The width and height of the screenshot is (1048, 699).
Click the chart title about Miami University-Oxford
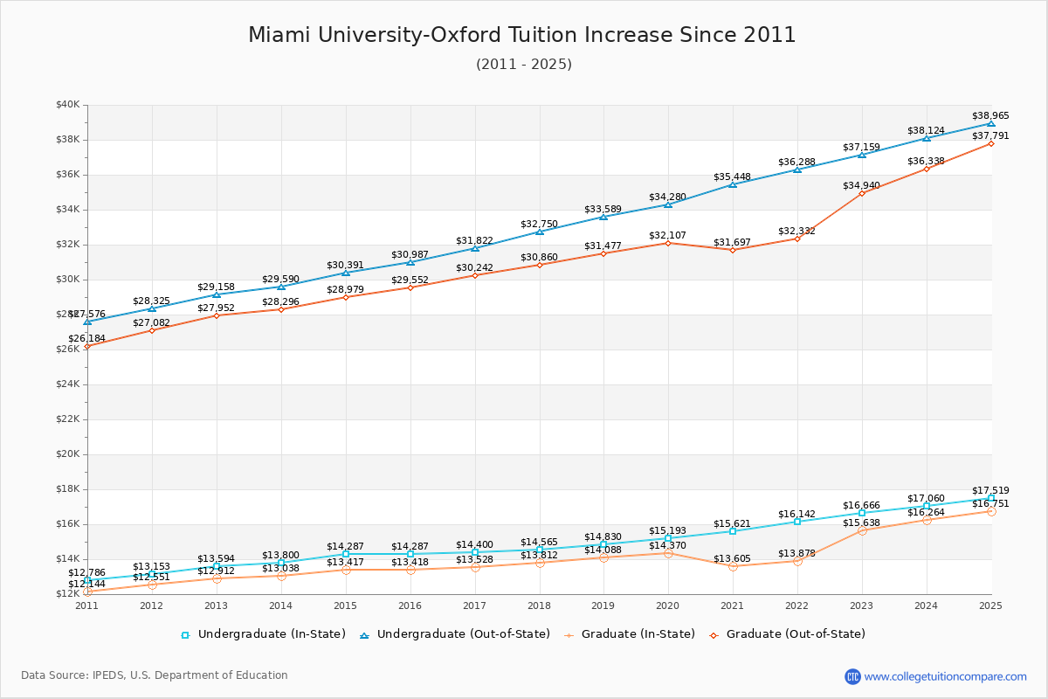[x=522, y=35]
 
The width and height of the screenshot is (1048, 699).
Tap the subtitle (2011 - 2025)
[x=524, y=65]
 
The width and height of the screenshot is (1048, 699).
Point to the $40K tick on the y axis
[x=68, y=105]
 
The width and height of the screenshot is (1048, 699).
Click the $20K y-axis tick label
[x=68, y=454]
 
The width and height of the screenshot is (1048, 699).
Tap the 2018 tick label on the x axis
[x=539, y=605]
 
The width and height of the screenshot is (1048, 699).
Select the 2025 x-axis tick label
[x=990, y=605]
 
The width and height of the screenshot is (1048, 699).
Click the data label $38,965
[x=990, y=115]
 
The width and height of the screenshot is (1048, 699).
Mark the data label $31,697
[x=733, y=242]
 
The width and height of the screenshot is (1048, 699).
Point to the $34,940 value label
[x=862, y=185]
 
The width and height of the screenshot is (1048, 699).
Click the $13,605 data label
[x=733, y=558]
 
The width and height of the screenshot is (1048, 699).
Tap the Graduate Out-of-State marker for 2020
[x=668, y=243]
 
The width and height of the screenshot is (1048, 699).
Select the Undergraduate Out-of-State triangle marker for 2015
[x=346, y=273]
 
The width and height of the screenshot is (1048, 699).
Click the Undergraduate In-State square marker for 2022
[x=797, y=522]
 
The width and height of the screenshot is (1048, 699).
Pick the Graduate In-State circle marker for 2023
[x=862, y=530]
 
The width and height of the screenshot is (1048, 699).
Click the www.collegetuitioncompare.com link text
[x=945, y=676]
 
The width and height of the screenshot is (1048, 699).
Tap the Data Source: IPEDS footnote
[x=155, y=675]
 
